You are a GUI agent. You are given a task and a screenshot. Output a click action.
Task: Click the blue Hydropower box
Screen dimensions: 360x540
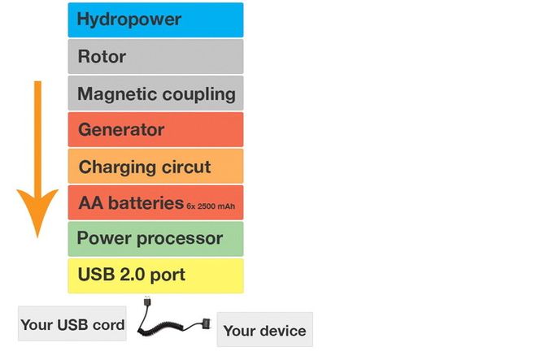[x=155, y=20]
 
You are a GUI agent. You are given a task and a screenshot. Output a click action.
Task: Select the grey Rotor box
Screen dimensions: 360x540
[x=155, y=57]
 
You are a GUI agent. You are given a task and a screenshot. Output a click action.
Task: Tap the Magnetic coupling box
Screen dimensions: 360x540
[x=155, y=93]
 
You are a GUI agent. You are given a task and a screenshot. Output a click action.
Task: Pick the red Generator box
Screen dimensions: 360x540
[x=155, y=130]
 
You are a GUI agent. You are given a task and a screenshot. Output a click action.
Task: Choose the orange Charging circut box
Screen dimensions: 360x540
[x=155, y=167]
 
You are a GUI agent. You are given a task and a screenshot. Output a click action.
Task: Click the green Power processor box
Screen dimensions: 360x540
[x=155, y=239]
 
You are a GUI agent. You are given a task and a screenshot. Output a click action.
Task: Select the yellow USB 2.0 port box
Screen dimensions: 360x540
[x=155, y=275]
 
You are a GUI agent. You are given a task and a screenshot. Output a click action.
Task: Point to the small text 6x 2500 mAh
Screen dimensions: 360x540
[x=211, y=206]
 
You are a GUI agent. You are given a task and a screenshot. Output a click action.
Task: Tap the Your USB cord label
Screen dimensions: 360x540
[x=72, y=325]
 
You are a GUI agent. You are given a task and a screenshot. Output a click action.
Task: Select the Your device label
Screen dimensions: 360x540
[x=264, y=330]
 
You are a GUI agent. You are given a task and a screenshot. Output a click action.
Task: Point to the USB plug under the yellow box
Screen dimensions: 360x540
[x=146, y=301]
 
